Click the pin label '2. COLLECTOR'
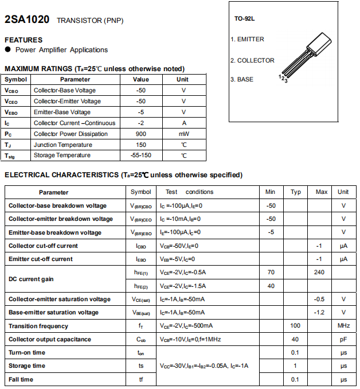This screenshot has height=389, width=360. [x=252, y=60]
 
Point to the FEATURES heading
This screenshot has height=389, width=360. [x=24, y=40]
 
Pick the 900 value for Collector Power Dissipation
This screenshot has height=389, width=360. [x=140, y=134]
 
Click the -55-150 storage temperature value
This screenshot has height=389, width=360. [x=140, y=155]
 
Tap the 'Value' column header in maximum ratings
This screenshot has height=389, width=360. [x=140, y=79]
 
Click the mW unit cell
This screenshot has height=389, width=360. [x=184, y=134]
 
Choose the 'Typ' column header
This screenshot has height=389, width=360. [x=296, y=192]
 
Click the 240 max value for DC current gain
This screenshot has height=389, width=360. [x=320, y=272]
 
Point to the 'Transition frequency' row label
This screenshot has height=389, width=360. [x=38, y=326]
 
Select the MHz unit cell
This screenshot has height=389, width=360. [x=343, y=326]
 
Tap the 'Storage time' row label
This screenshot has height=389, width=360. [x=27, y=366]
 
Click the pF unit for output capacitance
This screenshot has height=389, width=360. [x=343, y=339]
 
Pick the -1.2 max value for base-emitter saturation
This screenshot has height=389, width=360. [x=320, y=312]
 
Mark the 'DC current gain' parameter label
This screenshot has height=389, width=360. [x=31, y=279]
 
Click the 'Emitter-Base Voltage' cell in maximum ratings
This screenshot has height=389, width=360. [x=62, y=112]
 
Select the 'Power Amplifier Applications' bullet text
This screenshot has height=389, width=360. [x=65, y=50]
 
